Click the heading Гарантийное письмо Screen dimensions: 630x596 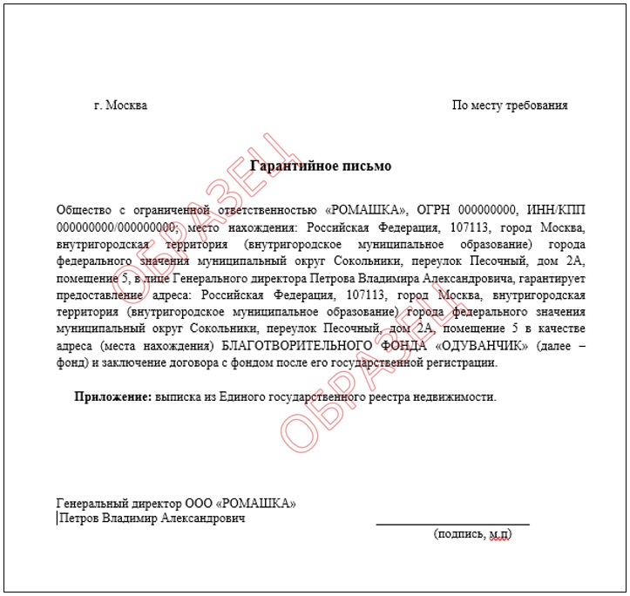point(321,166)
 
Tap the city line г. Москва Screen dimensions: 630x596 point(120,105)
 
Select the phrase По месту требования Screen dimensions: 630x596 point(510,105)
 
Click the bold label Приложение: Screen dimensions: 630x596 point(113,396)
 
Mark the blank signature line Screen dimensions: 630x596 point(452,524)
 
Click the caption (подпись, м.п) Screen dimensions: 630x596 point(472,533)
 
